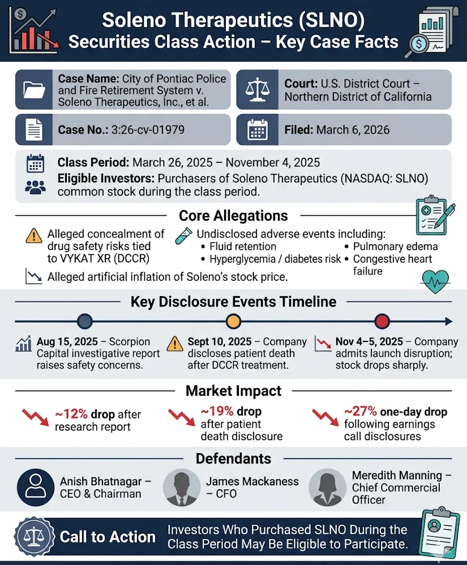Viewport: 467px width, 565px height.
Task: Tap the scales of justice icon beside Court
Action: tap(258, 89)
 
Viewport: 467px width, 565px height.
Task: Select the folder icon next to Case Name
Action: tap(34, 89)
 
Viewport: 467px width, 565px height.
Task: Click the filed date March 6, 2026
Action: tap(353, 130)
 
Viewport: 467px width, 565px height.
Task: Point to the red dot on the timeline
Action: tap(383, 322)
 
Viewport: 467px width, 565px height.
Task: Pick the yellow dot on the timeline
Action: tap(233, 322)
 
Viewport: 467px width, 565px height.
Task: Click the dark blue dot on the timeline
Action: tap(84, 322)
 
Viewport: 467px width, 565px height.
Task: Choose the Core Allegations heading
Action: tap(233, 216)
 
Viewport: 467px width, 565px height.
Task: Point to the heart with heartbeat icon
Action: tap(435, 280)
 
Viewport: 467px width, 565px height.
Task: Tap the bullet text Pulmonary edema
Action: tap(395, 246)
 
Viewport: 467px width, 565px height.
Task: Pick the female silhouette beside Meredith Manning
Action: tap(326, 487)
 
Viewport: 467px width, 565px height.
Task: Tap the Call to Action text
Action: tap(108, 537)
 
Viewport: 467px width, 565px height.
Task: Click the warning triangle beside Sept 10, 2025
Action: tap(175, 343)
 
